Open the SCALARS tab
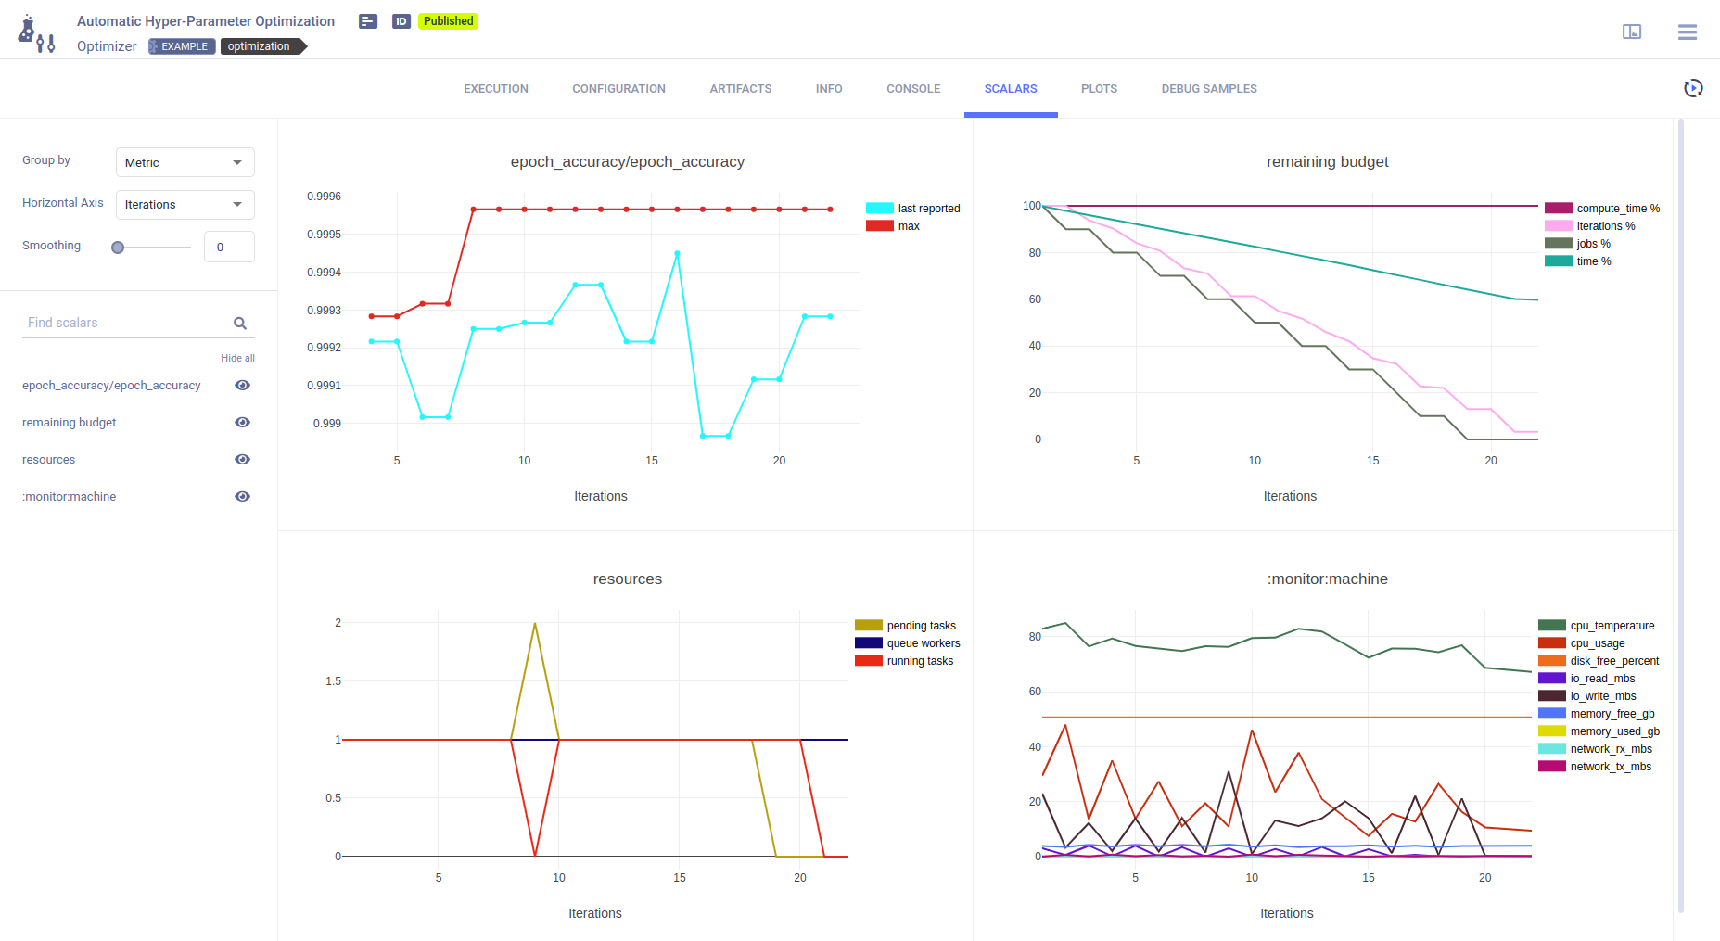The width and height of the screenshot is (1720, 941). [x=1010, y=89]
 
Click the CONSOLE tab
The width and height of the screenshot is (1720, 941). [x=912, y=89]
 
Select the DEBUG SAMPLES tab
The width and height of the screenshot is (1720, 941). [x=1208, y=89]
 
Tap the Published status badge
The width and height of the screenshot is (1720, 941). [x=448, y=21]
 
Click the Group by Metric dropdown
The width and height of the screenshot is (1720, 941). [x=185, y=162]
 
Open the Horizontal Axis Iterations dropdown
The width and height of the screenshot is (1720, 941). [x=185, y=205]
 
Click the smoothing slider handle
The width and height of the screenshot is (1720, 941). [x=118, y=248]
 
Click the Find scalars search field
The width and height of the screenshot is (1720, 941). [x=127, y=323]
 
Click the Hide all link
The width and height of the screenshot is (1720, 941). [x=237, y=358]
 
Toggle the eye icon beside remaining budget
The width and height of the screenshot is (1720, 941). [x=242, y=423]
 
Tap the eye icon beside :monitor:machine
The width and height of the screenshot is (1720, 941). [x=242, y=497]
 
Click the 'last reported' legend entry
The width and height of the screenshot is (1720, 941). [x=928, y=209]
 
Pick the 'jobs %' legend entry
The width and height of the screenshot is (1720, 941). [x=1593, y=244]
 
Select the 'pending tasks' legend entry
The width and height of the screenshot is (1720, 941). [x=921, y=626]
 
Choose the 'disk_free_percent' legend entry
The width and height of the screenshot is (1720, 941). [x=1613, y=661]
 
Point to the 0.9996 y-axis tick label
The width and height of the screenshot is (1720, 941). [x=324, y=197]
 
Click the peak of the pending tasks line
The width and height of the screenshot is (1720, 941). [x=535, y=624]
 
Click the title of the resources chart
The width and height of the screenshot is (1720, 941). [x=627, y=579]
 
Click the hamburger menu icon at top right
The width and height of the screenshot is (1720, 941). [x=1687, y=32]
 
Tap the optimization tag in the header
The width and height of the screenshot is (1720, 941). [x=259, y=46]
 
